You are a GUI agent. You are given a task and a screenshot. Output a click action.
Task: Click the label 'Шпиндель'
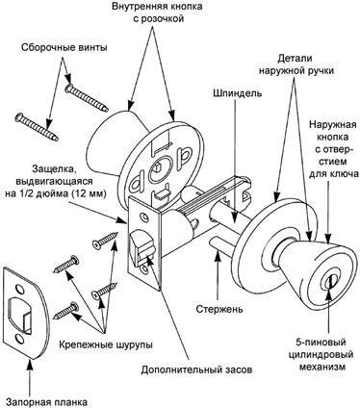pos(237,93)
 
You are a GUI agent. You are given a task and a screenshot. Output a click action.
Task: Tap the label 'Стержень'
pos(219,309)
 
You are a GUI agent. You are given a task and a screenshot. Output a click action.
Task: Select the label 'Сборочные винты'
pos(64,48)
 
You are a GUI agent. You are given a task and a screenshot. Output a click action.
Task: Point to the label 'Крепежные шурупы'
pos(106,345)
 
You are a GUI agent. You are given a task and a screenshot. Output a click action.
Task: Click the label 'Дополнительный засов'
pos(196,370)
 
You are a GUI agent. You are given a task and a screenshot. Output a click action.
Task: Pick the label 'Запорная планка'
pos(47,402)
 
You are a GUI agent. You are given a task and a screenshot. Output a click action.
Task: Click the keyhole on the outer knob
pos(328,282)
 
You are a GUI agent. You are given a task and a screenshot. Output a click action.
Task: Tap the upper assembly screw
pos(86,97)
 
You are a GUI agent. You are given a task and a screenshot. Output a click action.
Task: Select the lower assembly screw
pos(37,127)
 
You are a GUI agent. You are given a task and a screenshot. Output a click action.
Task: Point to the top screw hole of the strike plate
pos(19,289)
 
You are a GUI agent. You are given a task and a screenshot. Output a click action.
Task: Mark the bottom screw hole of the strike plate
pos(19,340)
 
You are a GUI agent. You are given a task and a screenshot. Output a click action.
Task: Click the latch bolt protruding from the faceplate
pos(141,246)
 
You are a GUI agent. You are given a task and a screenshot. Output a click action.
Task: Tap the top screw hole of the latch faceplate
pos(145,218)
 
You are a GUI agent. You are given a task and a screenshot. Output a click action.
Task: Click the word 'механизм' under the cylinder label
pos(322,367)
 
